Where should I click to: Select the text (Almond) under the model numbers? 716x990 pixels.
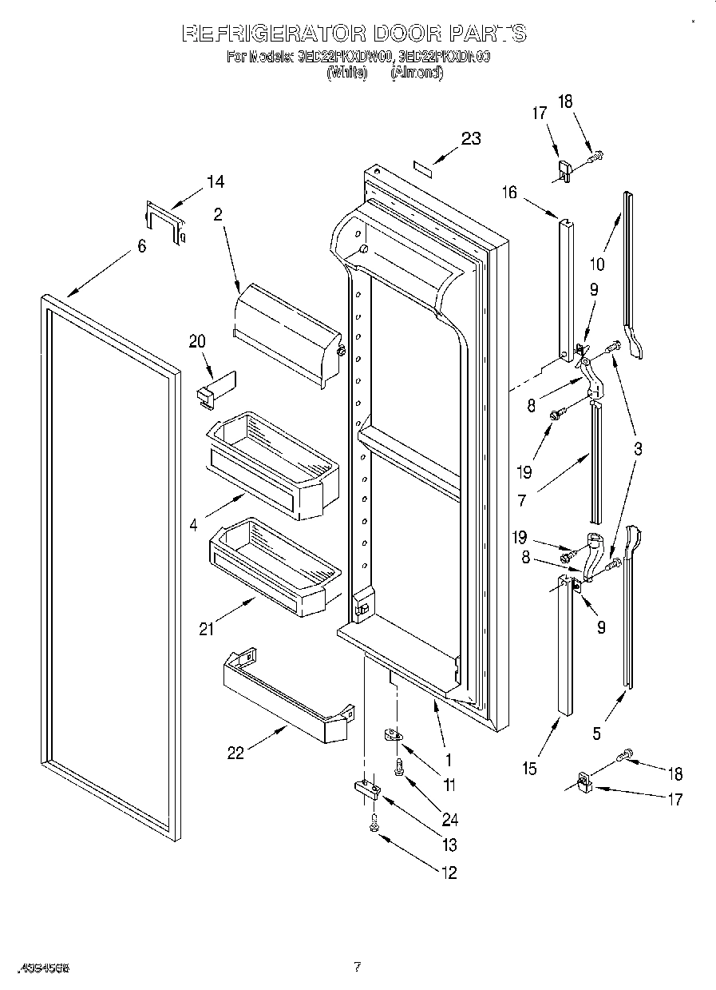pos(416,73)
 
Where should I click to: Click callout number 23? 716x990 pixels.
pos(471,138)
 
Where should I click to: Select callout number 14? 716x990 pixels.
pos(215,182)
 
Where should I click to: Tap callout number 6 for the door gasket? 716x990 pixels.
pos(141,246)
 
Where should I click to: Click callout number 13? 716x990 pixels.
pos(449,845)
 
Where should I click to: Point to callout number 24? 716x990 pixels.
pos(449,818)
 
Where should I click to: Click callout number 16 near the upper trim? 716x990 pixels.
pos(509,193)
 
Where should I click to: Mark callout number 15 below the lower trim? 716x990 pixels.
pos(529,769)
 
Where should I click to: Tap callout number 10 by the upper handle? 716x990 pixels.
pos(597,264)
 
